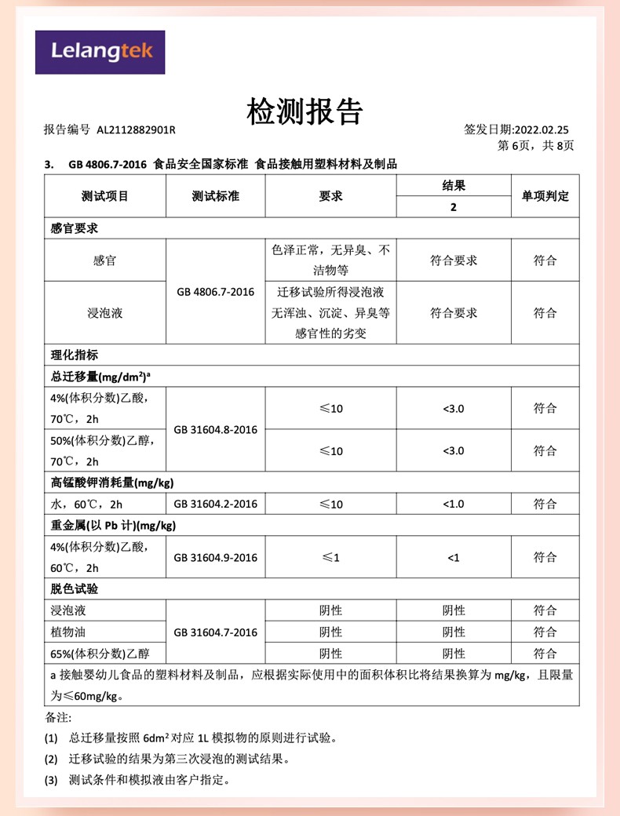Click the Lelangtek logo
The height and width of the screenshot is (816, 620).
pos(100,52)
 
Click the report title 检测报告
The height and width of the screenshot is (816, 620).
pos(305,112)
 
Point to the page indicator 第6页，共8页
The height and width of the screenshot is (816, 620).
pos(537,146)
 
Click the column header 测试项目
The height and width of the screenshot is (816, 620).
pos(104,196)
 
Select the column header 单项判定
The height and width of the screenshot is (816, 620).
pos(545,196)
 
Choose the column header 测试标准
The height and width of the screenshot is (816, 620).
pos(215,196)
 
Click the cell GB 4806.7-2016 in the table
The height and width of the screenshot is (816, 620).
pos(215,292)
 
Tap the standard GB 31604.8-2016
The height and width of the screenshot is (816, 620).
pos(215,430)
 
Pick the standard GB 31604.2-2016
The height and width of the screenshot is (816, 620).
pos(215,504)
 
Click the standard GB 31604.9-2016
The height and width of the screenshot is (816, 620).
pos(215,558)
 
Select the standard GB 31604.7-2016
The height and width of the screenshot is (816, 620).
pos(215,632)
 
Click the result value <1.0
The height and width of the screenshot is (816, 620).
pos(454,504)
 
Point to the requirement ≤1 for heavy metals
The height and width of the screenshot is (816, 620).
pos(330,558)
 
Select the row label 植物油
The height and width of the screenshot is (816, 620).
pos(67,632)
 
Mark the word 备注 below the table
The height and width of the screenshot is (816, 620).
pos(58,718)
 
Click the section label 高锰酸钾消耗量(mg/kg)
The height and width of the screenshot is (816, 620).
pos(112,482)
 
